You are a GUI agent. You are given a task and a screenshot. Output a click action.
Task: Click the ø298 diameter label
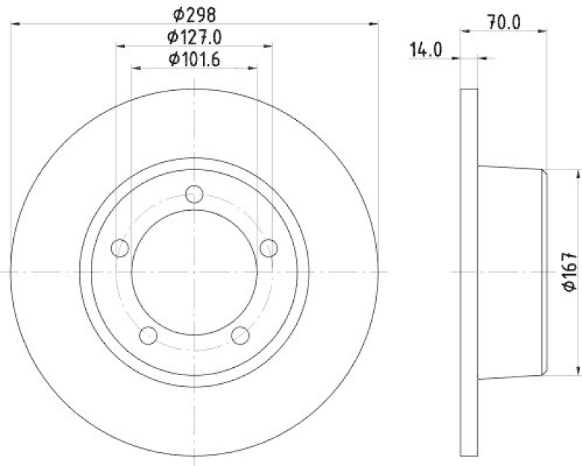[x=194, y=12]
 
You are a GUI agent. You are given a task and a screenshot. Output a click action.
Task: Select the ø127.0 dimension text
[x=194, y=36]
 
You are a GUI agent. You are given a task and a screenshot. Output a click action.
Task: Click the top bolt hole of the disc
[x=194, y=194]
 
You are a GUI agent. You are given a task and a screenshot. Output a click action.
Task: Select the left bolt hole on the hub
[x=120, y=248]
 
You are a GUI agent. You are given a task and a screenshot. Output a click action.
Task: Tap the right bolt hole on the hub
[x=269, y=248]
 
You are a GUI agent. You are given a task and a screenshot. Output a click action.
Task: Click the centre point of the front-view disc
[x=194, y=271]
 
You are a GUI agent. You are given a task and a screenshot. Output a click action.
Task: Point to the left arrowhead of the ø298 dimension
[x=16, y=25]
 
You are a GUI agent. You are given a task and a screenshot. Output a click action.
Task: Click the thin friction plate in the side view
[x=470, y=271]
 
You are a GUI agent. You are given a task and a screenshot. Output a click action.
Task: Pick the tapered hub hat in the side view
[x=513, y=271]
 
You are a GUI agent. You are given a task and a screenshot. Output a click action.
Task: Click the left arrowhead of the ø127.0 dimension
[x=120, y=47]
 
